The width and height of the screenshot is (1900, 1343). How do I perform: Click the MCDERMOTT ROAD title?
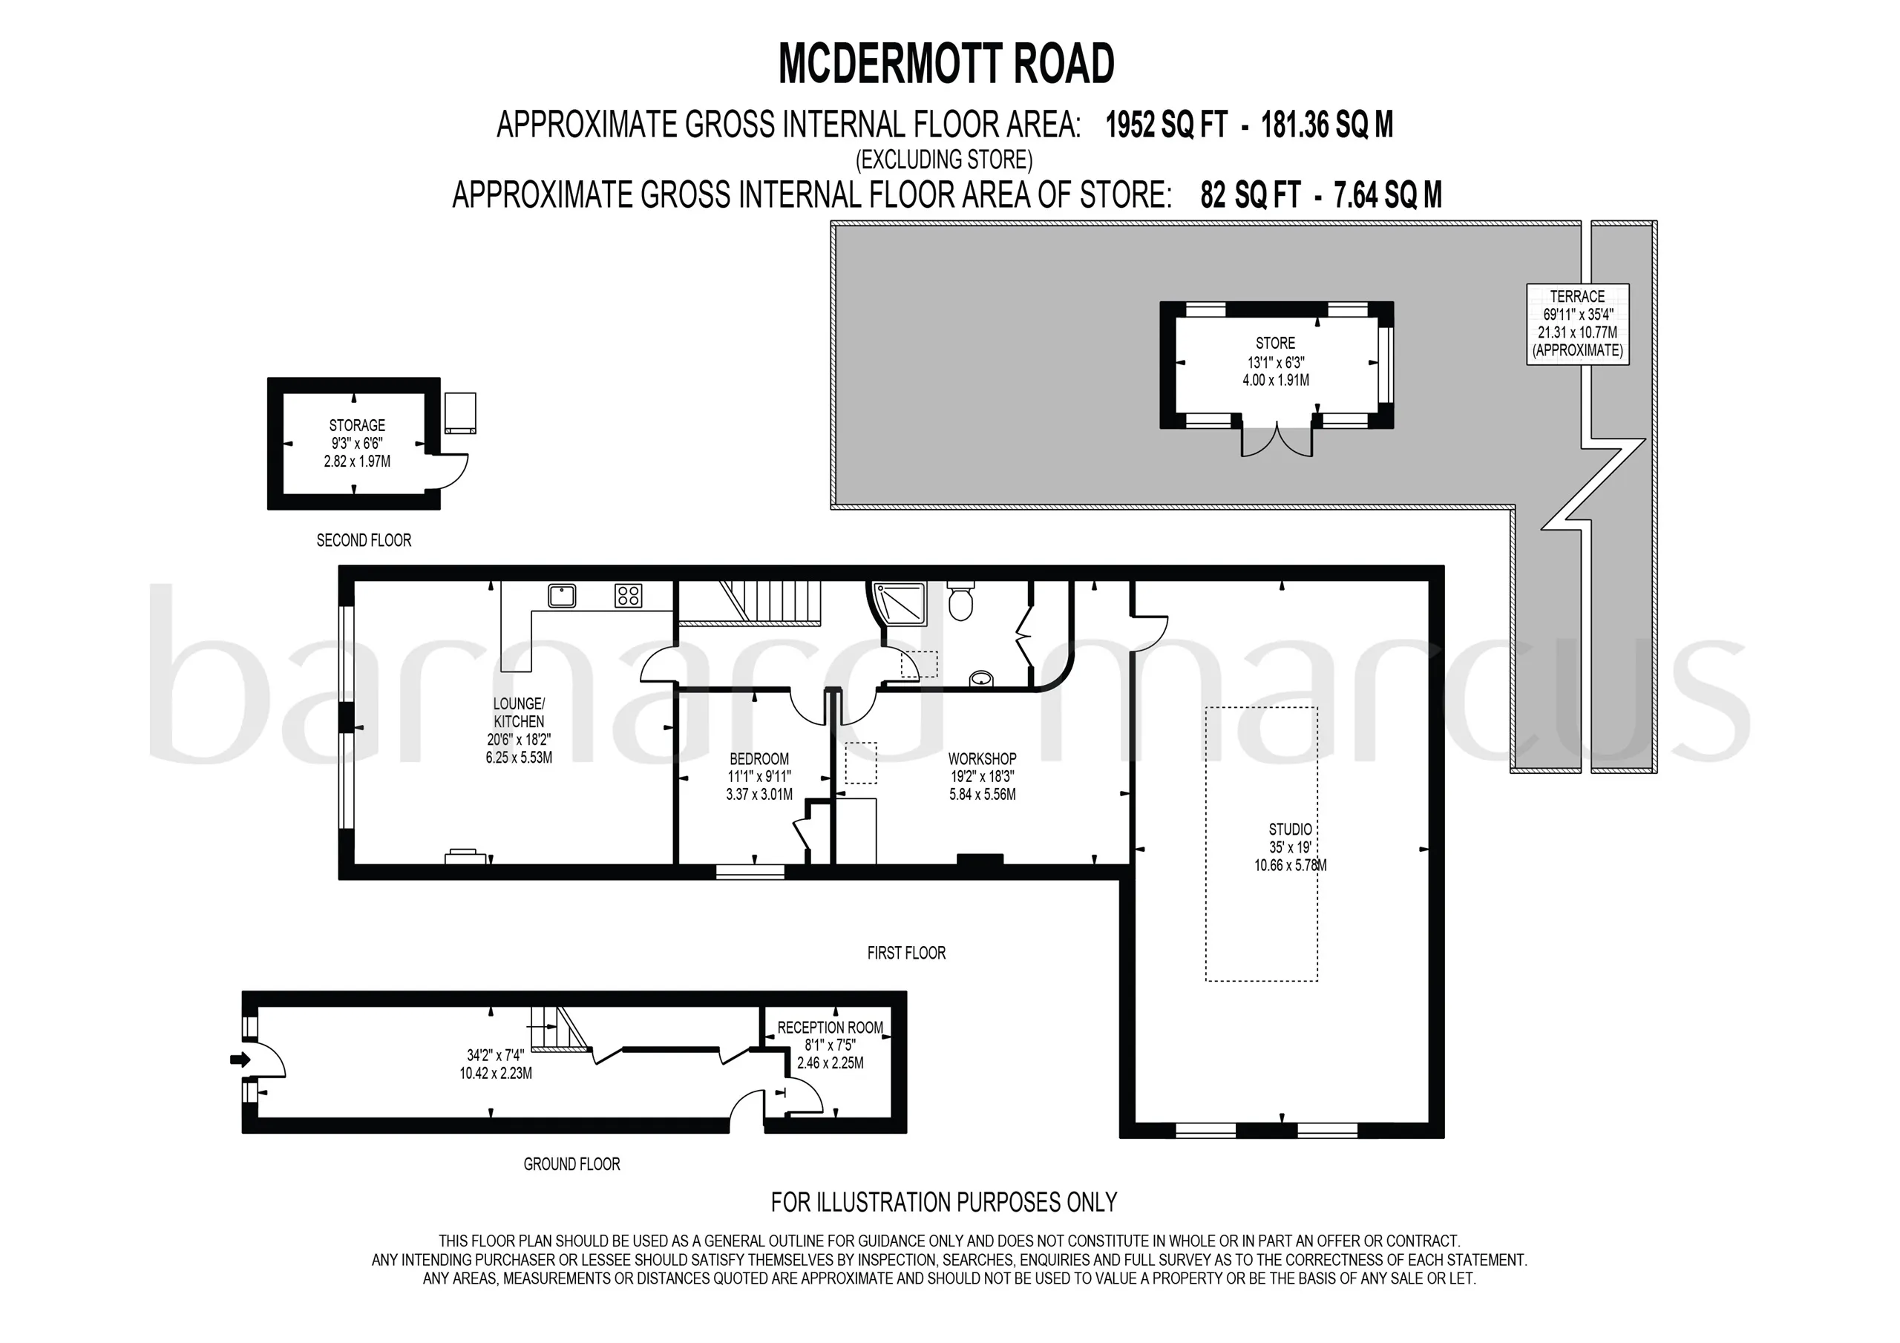click(947, 64)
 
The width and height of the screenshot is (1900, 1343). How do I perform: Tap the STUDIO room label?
click(1290, 829)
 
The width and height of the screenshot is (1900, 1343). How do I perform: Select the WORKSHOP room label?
click(982, 759)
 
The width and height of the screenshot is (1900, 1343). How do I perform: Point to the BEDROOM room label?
click(759, 759)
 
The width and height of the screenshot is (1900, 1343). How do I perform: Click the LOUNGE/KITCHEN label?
click(519, 712)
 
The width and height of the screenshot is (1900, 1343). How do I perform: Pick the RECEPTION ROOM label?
click(830, 1028)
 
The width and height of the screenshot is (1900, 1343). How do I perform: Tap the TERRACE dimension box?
click(1577, 324)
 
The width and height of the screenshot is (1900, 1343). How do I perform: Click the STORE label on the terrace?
click(1275, 343)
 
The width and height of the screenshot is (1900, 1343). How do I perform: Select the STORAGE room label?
click(357, 425)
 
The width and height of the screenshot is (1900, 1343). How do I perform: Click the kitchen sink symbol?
click(562, 595)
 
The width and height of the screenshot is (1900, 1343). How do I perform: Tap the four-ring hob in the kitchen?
click(628, 595)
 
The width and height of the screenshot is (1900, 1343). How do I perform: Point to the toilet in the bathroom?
click(960, 602)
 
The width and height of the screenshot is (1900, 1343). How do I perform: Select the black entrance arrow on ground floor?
click(240, 1059)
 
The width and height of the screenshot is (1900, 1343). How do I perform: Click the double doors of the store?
click(1277, 439)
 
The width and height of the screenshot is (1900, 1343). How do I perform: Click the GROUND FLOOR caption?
click(571, 1164)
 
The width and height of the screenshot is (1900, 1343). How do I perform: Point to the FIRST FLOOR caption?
click(906, 953)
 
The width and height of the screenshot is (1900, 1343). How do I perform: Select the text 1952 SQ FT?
click(1167, 125)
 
